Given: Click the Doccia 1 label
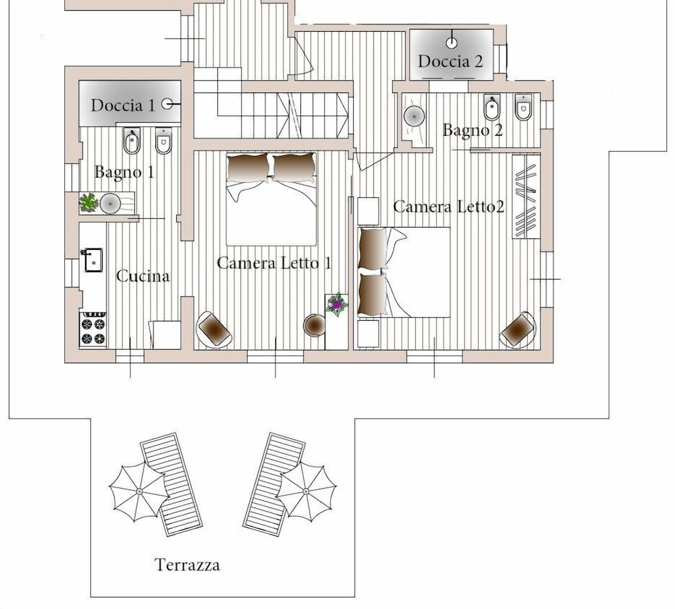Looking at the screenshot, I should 123,105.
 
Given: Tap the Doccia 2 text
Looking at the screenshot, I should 450,61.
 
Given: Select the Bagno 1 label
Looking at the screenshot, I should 124,172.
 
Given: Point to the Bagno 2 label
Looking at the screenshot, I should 473,130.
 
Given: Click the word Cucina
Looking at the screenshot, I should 142,276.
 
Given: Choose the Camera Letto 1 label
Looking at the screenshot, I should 273,263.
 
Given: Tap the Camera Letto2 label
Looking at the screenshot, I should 449,207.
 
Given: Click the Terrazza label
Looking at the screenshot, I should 187,564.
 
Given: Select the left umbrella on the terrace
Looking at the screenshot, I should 139,492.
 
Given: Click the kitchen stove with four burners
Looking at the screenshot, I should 93,329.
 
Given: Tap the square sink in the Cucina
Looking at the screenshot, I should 92,259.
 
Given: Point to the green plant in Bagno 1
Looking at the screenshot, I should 89,202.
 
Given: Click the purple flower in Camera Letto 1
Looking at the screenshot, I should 336,304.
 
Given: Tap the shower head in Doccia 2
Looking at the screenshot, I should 452,43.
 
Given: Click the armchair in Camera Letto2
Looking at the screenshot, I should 518,329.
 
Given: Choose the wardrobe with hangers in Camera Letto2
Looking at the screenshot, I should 526,196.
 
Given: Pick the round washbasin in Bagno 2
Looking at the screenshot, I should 413,116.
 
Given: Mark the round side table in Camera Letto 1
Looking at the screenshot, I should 314,325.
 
